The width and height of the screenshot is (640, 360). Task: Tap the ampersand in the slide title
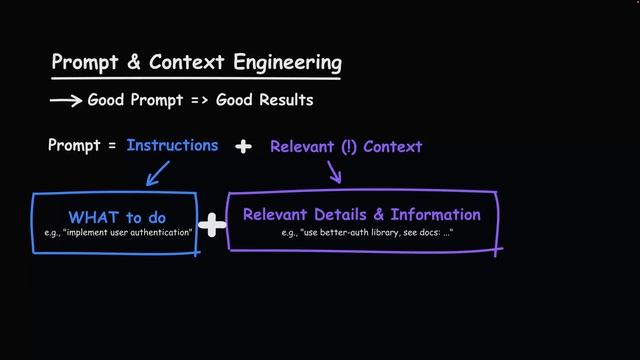pos(133,62)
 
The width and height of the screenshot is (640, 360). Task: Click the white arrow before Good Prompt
pos(66,100)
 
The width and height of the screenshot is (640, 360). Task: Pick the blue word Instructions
pos(172,145)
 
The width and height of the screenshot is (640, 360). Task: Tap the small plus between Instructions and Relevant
pos(243,146)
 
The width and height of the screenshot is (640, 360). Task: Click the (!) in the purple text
pos(348,146)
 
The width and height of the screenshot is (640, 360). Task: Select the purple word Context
pos(393,146)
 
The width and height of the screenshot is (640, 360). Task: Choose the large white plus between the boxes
pos(212,225)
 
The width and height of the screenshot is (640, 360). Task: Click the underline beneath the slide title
pos(195,78)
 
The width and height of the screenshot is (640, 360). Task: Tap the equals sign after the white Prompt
pos(112,146)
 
